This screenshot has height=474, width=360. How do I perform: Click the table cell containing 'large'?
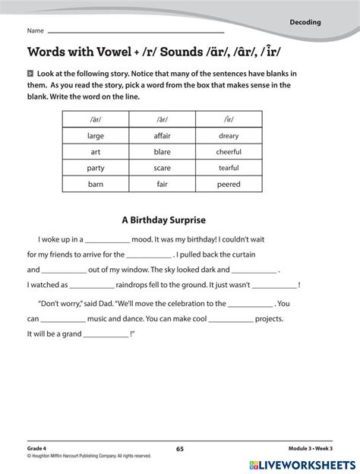(96, 136)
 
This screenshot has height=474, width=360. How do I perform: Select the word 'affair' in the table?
(163, 136)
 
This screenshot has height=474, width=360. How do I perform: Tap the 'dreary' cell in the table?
(229, 136)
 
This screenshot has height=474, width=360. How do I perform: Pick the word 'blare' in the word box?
(163, 151)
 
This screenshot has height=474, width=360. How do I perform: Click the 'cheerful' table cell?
(229, 151)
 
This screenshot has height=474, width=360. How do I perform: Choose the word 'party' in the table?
(96, 167)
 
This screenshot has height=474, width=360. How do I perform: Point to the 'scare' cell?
(163, 167)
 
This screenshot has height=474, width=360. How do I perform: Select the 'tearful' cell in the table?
(229, 167)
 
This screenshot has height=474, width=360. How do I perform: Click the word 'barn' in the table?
(96, 183)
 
